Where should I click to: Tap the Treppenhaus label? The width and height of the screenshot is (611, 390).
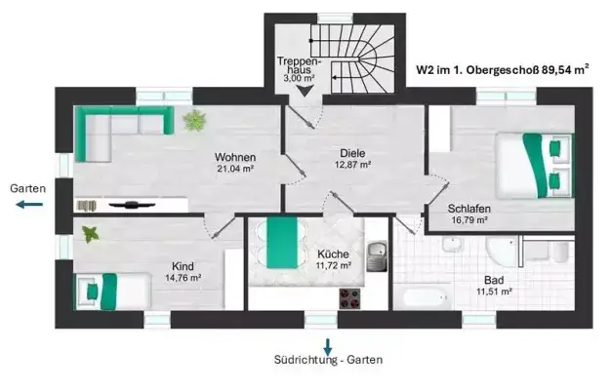pyautogui.click(x=296, y=68)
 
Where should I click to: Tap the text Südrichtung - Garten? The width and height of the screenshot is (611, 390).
pyautogui.click(x=328, y=360)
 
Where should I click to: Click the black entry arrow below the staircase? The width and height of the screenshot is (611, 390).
pyautogui.click(x=305, y=91)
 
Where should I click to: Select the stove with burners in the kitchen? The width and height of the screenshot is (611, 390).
pyautogui.click(x=350, y=295)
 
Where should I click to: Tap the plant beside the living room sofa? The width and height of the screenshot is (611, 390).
pyautogui.click(x=194, y=121)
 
